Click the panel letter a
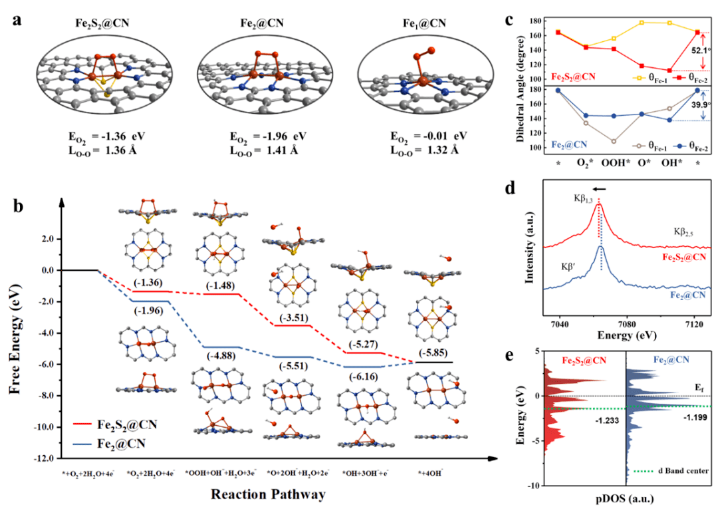(x=17, y=19)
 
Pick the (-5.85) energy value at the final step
(x=433, y=352)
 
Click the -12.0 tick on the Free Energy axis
(x=42, y=458)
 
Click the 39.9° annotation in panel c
(x=699, y=104)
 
